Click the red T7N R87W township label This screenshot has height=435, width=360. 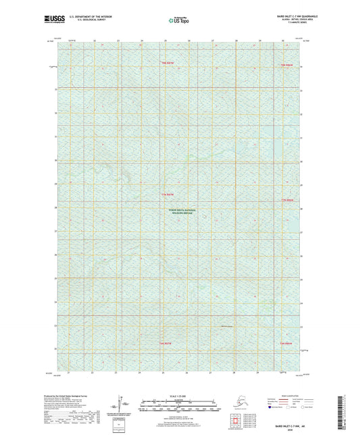168,195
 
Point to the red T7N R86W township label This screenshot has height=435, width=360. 288,199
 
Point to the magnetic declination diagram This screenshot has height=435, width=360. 120,404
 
